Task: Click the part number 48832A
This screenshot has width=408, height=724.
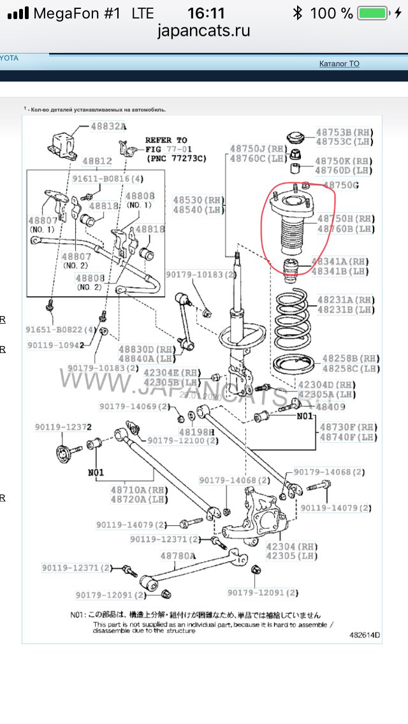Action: pyautogui.click(x=108, y=127)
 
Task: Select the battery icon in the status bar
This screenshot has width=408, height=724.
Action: pyautogui.click(x=373, y=13)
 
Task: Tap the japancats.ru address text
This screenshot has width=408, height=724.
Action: pyautogui.click(x=204, y=30)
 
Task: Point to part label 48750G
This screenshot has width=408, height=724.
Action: pyautogui.click(x=341, y=185)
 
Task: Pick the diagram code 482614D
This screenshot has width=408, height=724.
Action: pyautogui.click(x=364, y=635)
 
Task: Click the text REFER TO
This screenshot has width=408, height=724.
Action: pyautogui.click(x=166, y=140)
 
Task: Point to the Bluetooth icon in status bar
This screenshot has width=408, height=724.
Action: pyautogui.click(x=297, y=13)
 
